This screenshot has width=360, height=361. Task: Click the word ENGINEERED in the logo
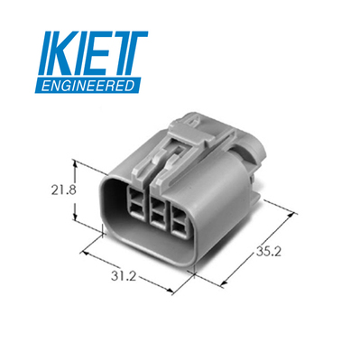[88, 86]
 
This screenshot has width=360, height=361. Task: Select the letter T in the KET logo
[128, 53]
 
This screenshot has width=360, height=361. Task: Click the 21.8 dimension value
[63, 190]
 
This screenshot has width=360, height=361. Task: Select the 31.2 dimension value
[124, 276]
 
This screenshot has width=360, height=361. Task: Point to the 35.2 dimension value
[269, 252]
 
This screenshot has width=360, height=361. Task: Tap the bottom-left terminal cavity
[137, 209]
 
